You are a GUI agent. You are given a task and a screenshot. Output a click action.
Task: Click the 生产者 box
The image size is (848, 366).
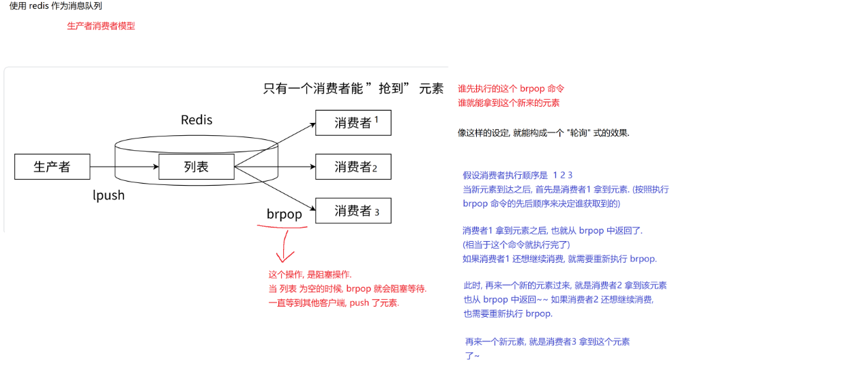pos(52,167)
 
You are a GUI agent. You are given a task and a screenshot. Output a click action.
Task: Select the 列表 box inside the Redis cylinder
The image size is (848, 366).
pos(196,167)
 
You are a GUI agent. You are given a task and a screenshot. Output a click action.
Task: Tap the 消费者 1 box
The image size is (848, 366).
pos(353,123)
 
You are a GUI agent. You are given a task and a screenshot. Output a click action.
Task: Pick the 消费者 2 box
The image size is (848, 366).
pos(353,167)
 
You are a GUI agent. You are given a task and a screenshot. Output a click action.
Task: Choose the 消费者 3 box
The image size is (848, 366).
pos(353,211)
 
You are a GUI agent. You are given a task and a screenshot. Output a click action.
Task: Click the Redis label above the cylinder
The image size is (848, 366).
pos(196,120)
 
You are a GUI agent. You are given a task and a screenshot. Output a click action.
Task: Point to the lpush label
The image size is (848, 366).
pos(108,195)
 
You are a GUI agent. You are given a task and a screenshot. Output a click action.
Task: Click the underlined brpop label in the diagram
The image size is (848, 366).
pos(284,214)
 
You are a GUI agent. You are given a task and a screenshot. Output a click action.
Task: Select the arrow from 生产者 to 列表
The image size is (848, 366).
pos(124,167)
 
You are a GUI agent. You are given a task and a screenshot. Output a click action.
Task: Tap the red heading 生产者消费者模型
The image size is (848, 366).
pos(101,26)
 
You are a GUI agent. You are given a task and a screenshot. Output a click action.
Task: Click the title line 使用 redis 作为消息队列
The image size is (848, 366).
pos(56,6)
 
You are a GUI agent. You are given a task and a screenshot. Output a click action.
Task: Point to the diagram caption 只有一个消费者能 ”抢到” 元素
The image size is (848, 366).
pos(353,89)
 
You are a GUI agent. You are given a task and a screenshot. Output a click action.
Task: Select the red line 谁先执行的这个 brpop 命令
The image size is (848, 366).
pos(511,89)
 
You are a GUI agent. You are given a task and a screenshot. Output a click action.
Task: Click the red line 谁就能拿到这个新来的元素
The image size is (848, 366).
pos(508,102)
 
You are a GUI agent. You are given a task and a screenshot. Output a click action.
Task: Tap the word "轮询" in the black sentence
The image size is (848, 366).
pos(574,132)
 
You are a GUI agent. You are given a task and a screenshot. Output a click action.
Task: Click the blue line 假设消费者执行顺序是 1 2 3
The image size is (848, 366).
pos(517,175)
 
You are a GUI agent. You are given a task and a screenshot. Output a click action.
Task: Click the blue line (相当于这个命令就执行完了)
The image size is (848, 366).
pos(516,244)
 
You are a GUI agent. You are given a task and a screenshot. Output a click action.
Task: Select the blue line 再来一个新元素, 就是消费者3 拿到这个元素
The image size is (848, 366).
pos(547,341)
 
